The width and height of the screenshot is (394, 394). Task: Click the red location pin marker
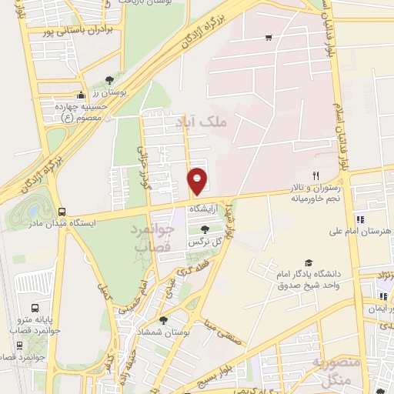coord(198,181)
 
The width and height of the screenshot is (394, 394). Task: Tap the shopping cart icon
coord(268,37)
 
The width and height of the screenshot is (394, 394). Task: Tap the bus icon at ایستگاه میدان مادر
coord(61,212)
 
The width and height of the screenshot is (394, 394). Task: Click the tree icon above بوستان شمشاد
coord(162,320)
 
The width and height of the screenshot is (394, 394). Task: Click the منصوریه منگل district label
coord(333,371)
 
